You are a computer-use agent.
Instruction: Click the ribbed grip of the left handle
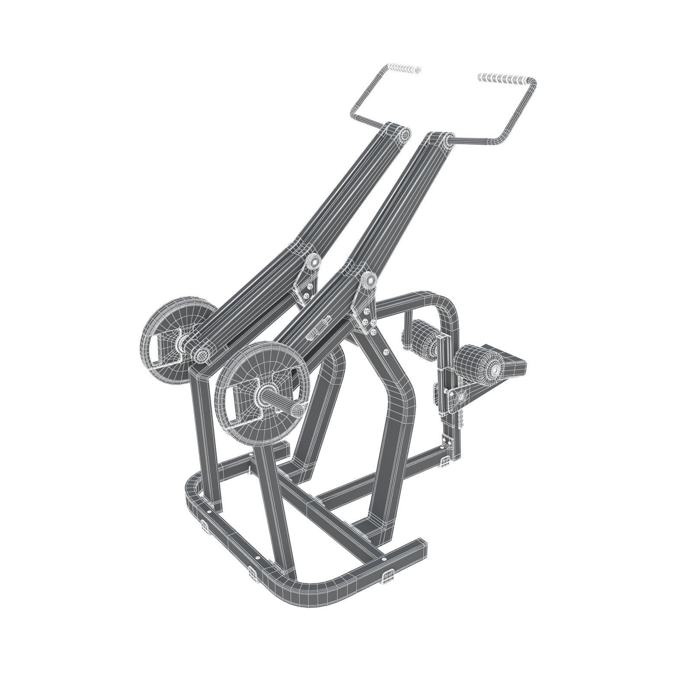pos(404,69)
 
